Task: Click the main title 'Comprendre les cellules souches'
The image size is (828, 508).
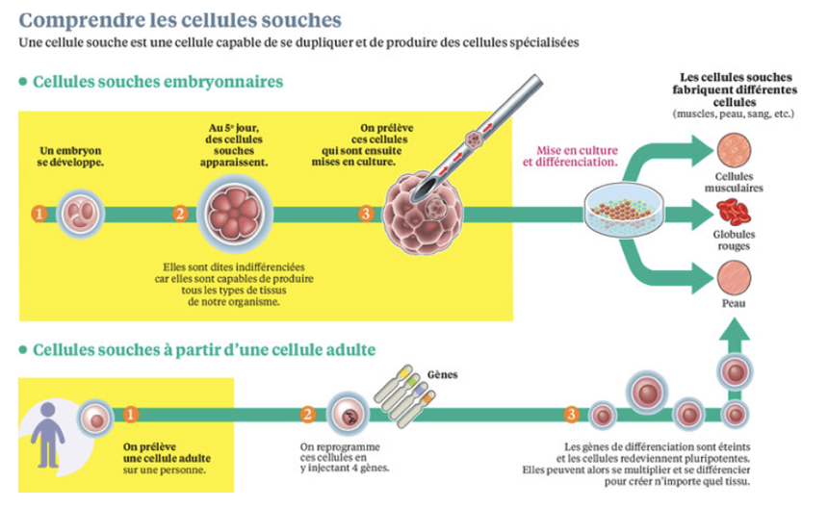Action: pyautogui.click(x=180, y=18)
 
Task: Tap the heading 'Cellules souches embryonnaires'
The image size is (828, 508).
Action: pyautogui.click(x=158, y=82)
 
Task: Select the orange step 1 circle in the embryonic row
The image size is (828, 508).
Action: pyautogui.click(x=39, y=214)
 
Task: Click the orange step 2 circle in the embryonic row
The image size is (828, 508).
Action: pyautogui.click(x=179, y=214)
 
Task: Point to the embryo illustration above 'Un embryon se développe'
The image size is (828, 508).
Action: pyautogui.click(x=79, y=213)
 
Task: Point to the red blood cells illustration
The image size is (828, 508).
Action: pyautogui.click(x=735, y=212)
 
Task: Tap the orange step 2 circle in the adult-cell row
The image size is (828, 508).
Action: pyautogui.click(x=307, y=415)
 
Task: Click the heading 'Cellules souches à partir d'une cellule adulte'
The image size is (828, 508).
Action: pyautogui.click(x=204, y=350)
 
